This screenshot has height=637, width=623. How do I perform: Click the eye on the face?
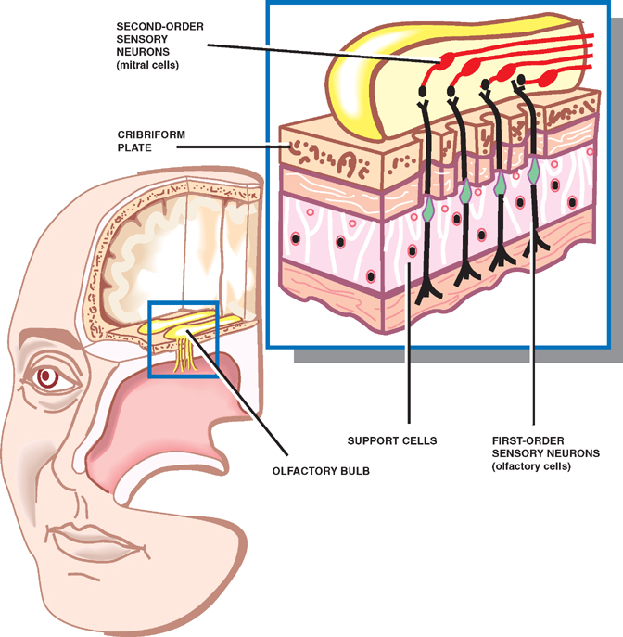tap(47, 377)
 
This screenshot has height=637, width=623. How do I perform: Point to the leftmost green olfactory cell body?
tap(428, 212)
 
